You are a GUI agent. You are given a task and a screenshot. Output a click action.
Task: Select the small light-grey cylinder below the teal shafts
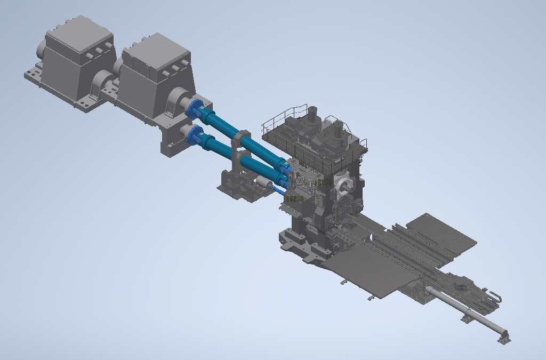(x=263, y=182)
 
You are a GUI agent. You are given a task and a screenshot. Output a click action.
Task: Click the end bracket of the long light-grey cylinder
(x=504, y=337)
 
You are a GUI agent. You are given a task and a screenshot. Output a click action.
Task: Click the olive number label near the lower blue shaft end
(x=294, y=199)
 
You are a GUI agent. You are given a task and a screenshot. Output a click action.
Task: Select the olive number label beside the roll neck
(x=324, y=183)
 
